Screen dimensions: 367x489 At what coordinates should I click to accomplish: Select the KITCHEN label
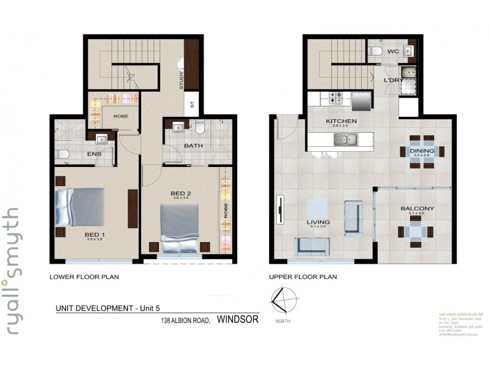click(x=340, y=121)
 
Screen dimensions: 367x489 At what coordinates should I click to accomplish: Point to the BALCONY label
click(x=417, y=209)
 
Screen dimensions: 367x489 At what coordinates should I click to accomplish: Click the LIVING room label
click(x=318, y=222)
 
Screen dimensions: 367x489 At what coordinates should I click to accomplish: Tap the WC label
click(x=393, y=52)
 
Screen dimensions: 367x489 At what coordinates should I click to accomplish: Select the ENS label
click(x=94, y=154)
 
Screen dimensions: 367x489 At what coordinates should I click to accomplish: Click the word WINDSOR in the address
click(x=238, y=319)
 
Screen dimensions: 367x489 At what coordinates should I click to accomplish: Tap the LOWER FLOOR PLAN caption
click(x=84, y=277)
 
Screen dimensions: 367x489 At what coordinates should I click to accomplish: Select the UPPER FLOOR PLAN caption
click(x=303, y=277)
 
